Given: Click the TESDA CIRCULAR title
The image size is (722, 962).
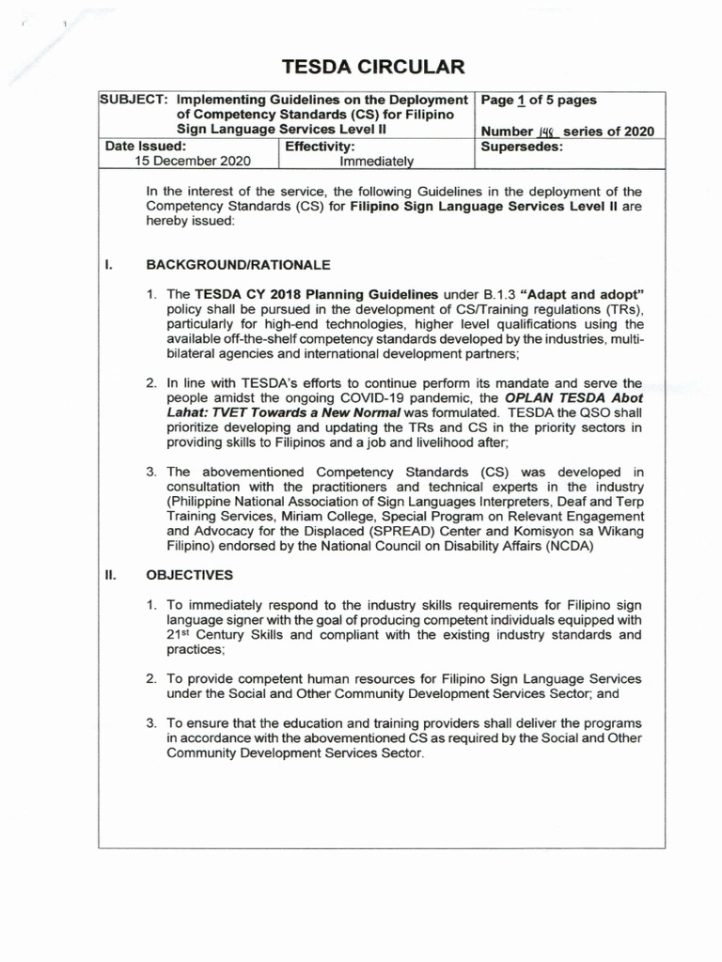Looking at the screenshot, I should click(x=361, y=67).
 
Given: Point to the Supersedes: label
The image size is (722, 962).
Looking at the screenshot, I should click(x=522, y=147).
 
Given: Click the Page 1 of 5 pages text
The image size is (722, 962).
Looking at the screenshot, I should click(x=539, y=100).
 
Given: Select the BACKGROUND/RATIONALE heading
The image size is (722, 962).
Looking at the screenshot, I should click(x=238, y=265).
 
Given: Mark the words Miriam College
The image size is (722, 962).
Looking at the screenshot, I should click(x=328, y=516).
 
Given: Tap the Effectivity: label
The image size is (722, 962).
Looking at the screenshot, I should click(x=320, y=147).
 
